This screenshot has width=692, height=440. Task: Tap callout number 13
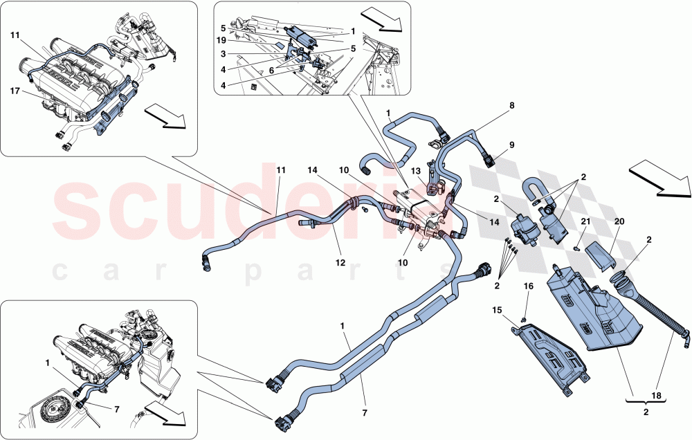415,172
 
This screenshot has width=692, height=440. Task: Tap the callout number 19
221,42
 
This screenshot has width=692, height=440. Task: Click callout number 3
223,53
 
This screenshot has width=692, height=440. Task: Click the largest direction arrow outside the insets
661,178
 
